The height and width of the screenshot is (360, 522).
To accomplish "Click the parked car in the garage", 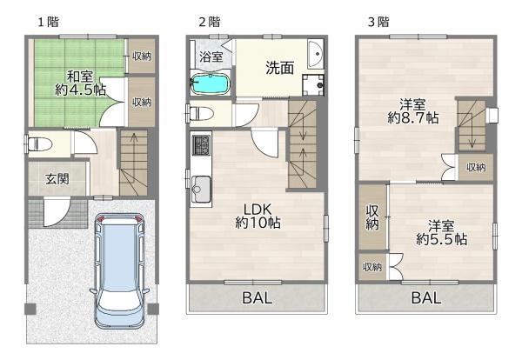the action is (x=119, y=270).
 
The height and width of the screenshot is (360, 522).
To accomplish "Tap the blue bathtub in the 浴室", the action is (x=211, y=84).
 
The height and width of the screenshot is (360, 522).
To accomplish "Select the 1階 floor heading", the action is (x=49, y=22).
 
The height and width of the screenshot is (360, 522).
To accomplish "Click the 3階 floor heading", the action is (x=378, y=22).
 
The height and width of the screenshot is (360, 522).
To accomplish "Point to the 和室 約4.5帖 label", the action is (x=80, y=83).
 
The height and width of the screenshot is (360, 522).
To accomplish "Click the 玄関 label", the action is (x=57, y=179).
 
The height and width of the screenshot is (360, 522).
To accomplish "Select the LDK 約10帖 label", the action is (x=258, y=217).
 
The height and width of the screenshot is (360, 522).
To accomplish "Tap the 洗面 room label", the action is (x=279, y=68).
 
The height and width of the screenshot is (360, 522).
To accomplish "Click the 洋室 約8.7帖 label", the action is (x=412, y=111).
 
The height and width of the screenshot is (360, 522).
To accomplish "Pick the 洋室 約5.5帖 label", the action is (x=441, y=232).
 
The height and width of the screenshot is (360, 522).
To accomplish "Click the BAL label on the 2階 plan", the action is (x=257, y=297).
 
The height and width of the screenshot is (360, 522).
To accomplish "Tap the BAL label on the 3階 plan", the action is (x=426, y=297).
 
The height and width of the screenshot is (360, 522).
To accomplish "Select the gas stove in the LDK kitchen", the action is (x=201, y=145).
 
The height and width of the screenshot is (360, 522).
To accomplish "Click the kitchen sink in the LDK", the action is (x=201, y=189).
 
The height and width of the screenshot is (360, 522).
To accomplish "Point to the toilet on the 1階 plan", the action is (x=40, y=144).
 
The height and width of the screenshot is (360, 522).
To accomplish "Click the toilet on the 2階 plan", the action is (x=200, y=113).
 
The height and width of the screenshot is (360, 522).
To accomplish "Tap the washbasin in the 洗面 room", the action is (x=316, y=54).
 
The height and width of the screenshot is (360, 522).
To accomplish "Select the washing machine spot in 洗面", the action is (x=313, y=85).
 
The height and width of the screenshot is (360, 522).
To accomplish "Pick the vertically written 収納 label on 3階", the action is (x=372, y=217).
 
